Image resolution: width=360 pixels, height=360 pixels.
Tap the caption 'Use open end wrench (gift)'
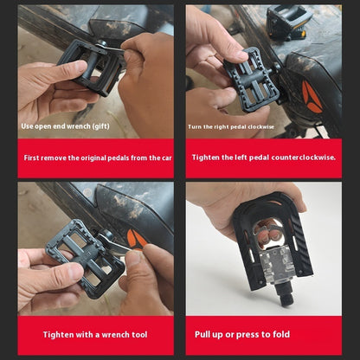coord(65,125)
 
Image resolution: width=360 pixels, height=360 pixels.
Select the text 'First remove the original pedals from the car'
coord(98,157)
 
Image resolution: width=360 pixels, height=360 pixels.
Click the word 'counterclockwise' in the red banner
coord(305,157)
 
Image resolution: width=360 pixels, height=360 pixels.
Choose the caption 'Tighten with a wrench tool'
coord(94,334)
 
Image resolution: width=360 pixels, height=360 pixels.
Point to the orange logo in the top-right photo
coord(312,98)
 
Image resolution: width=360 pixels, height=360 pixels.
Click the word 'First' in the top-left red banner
coord(33,157)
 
